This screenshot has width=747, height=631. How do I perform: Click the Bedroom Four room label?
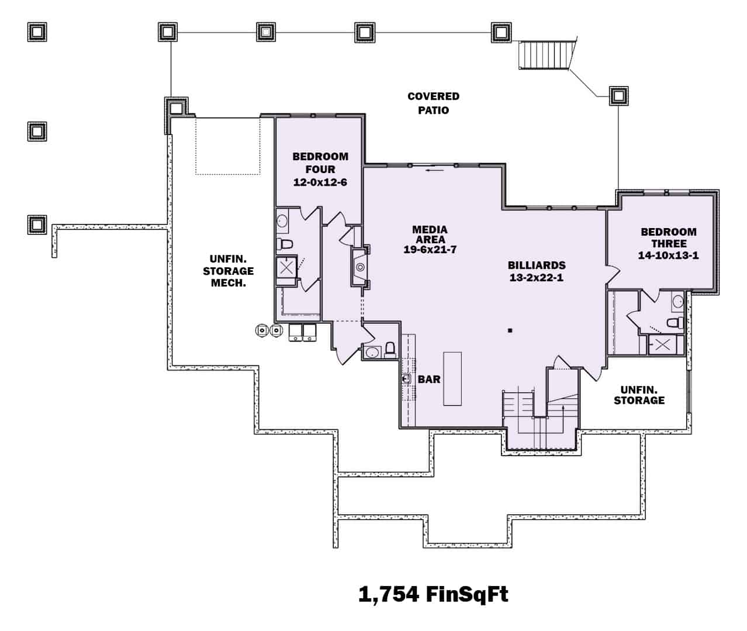click(320, 163)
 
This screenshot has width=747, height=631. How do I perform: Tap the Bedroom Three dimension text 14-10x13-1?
click(668, 256)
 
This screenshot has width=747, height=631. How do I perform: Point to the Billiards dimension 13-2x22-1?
click(536, 278)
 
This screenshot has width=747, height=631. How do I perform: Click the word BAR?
click(429, 380)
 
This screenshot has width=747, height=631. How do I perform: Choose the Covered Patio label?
click(433, 103)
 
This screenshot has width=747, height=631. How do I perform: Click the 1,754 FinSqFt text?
click(433, 594)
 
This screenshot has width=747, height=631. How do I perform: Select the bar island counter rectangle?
click(452, 378)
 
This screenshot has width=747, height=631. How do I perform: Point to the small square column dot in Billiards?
click(510, 331)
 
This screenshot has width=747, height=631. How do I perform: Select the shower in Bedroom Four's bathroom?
click(286, 268)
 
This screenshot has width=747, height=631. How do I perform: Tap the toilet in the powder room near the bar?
click(390, 350)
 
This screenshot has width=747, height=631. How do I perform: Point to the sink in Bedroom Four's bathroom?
click(282, 221)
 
